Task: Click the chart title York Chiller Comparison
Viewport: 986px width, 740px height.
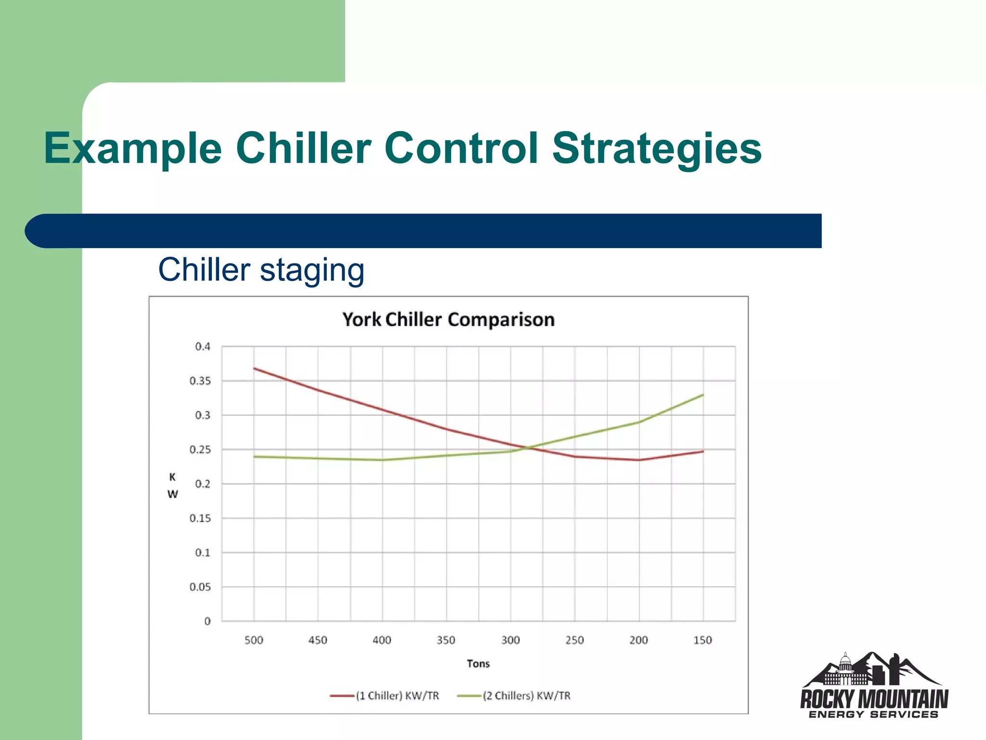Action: point(448,320)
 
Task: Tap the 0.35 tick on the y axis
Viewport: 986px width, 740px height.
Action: point(200,381)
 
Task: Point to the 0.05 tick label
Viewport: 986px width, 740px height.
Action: point(200,587)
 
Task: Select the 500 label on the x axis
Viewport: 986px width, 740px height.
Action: point(254,640)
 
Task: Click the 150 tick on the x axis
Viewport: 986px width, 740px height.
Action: point(702,640)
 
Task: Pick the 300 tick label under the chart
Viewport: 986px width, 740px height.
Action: point(510,640)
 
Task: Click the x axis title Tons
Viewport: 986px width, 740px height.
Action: point(478,664)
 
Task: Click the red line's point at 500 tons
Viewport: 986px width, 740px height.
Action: point(254,369)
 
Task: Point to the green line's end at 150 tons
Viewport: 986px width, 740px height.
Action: point(703,395)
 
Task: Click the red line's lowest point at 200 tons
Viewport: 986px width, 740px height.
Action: point(639,460)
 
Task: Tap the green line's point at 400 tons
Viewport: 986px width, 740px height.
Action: point(382,460)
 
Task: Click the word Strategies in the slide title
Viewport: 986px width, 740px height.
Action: point(657,148)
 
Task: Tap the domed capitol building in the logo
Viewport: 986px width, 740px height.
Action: point(845,667)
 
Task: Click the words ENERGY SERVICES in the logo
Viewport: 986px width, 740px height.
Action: point(873,714)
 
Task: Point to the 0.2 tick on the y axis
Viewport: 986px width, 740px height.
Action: point(203,484)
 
